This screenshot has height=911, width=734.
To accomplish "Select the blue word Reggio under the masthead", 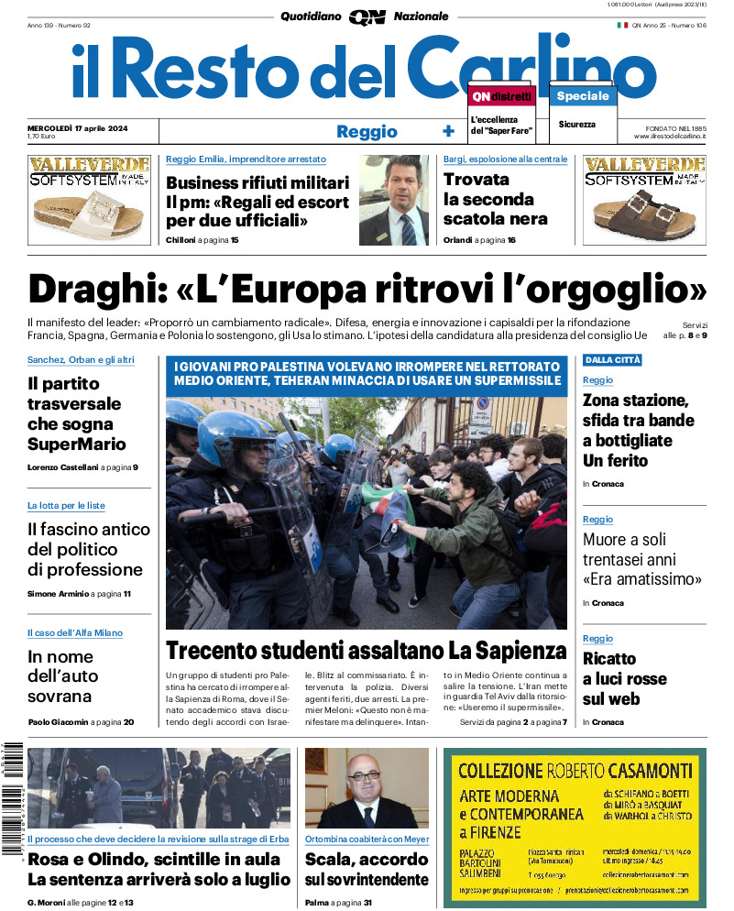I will (x=367, y=131).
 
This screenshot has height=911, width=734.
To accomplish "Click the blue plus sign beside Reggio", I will (x=448, y=131).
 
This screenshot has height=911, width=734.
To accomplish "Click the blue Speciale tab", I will (x=583, y=95).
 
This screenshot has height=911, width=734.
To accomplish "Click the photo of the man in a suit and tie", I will (x=393, y=201).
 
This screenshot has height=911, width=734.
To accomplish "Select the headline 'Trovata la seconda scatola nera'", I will (x=496, y=199).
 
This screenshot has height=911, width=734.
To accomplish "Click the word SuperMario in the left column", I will (x=77, y=445).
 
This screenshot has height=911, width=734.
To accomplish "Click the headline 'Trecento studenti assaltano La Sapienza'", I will (x=367, y=651).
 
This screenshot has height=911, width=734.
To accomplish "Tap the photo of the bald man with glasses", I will (x=367, y=788).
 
